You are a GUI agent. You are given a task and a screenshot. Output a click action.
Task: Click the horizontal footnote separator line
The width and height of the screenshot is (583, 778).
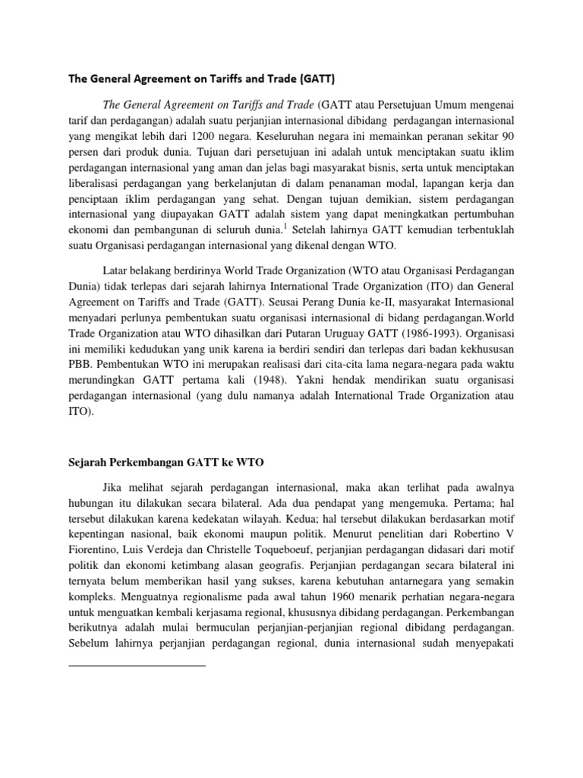click(x=137, y=666)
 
